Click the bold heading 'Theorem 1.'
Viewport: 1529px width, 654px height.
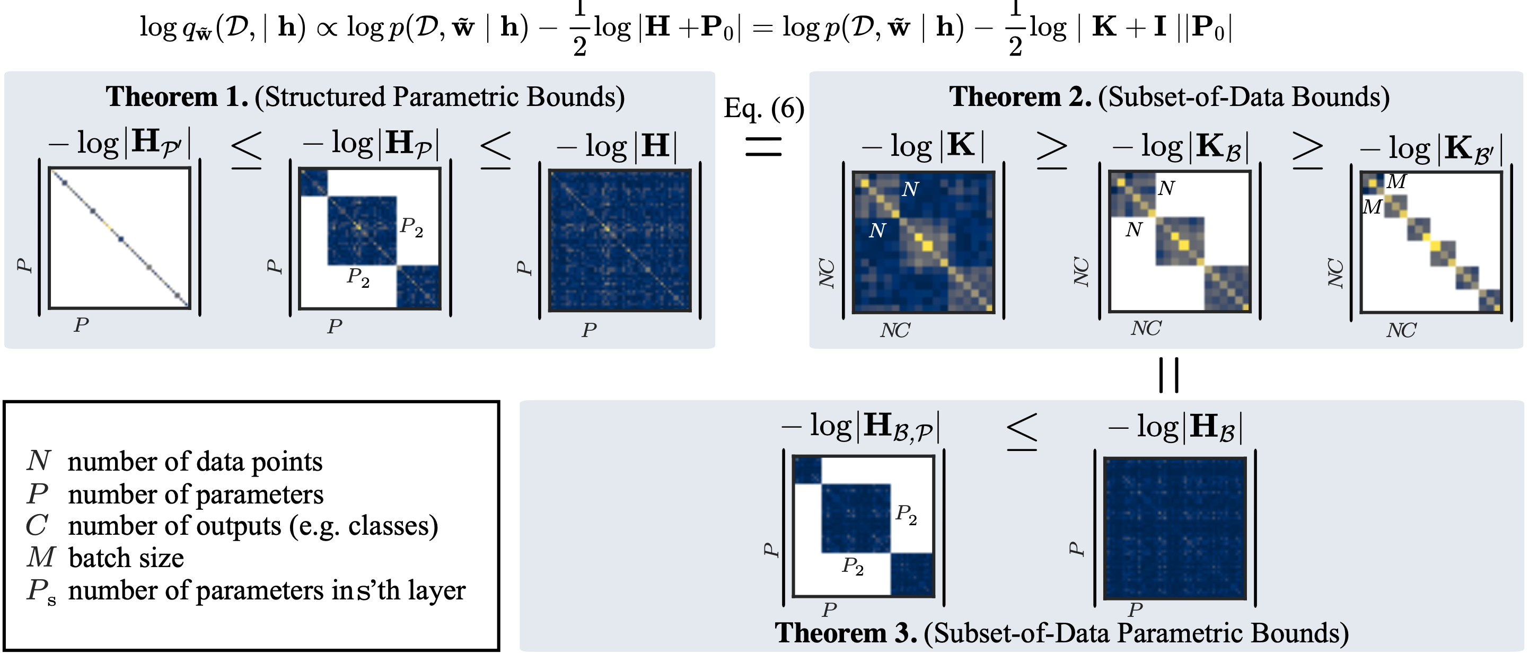177,97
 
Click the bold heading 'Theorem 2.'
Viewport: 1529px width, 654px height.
1020,97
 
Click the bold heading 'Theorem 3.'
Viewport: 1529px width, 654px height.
846,633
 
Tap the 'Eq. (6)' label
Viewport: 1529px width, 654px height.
763,109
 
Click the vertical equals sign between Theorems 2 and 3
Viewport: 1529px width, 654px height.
1168,375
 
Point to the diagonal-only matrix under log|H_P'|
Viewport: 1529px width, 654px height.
119,238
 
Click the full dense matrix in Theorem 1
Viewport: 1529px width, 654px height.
620,241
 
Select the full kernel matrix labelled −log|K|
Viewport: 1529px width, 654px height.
923,242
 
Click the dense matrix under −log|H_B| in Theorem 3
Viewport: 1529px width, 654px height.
1175,528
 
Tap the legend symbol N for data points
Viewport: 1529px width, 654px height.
39,461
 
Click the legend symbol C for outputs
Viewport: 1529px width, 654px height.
37,525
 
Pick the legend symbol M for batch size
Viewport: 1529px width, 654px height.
40,557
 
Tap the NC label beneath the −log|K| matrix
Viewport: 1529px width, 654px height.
894,331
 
